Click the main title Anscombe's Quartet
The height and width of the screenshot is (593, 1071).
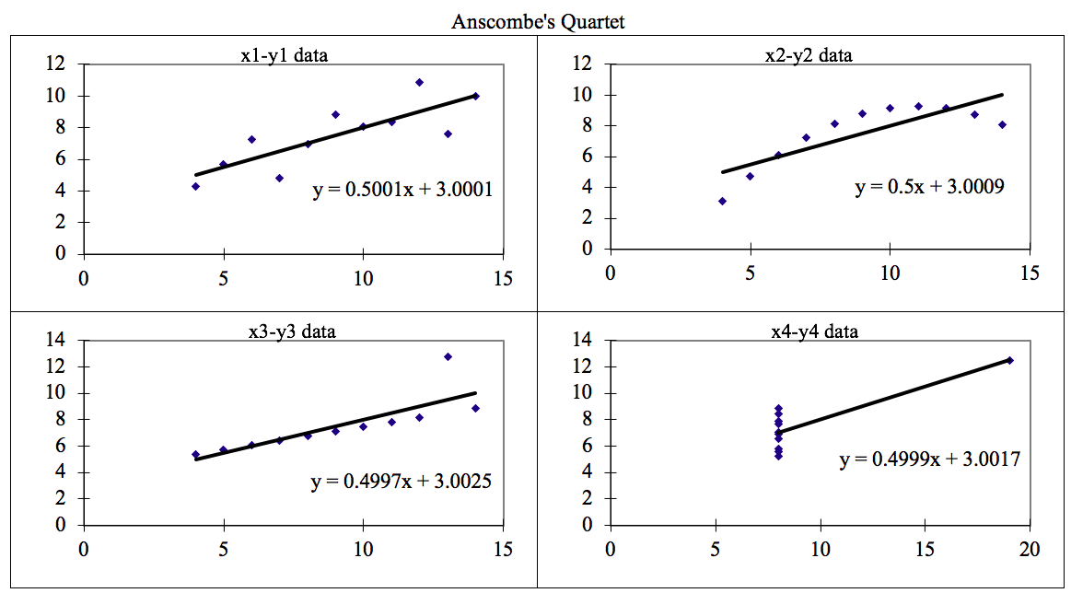(x=538, y=21)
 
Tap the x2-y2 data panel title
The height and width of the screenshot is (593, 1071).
(x=809, y=55)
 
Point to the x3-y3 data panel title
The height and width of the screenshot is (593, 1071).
(x=292, y=331)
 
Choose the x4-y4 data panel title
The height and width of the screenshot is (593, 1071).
(x=814, y=331)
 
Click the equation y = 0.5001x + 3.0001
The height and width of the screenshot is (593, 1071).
(x=402, y=190)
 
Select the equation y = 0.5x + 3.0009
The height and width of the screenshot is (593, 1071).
(x=929, y=187)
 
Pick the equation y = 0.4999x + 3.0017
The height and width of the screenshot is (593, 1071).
(x=929, y=459)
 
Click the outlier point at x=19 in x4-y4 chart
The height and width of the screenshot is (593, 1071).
(x=1009, y=360)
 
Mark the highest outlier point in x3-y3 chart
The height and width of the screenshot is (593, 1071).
(x=448, y=356)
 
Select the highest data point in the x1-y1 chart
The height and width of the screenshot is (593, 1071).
(x=419, y=82)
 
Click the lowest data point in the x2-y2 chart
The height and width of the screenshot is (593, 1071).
(x=722, y=201)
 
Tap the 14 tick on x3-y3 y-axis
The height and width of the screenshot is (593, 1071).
(x=61, y=341)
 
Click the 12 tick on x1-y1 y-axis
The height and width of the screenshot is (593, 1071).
(x=61, y=64)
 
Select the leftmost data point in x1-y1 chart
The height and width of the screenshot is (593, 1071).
(x=195, y=186)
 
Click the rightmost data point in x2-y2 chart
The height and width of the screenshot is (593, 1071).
(x=1002, y=124)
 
